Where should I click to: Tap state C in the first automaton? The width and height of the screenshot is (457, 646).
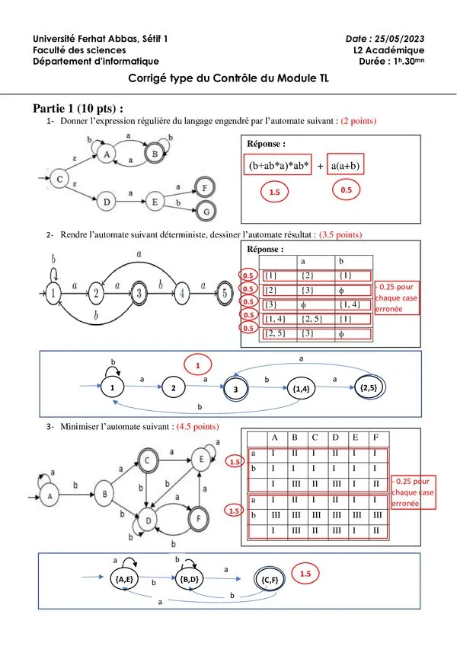point(59,180)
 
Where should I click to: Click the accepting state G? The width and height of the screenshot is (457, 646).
point(206,212)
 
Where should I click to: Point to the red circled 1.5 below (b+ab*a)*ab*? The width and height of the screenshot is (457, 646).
point(275,192)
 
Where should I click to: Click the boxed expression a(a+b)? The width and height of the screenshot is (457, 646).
point(346,166)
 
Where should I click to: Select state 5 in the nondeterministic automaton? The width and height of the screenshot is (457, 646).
point(225,293)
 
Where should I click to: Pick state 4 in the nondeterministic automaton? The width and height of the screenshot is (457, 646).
point(181,294)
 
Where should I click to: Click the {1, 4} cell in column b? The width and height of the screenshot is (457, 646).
point(350,304)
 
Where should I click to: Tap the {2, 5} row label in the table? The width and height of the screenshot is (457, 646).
point(275,333)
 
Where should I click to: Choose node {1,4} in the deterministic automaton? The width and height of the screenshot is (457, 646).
point(301,389)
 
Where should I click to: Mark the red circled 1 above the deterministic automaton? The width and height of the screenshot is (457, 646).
point(197,365)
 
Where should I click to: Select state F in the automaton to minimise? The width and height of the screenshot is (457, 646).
point(198,518)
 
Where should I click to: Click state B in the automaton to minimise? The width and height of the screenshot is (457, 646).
point(104,494)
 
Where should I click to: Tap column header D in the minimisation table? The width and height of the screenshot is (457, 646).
point(335,438)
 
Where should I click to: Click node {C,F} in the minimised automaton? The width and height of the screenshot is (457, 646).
point(270,580)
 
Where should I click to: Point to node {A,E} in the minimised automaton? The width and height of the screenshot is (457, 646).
point(123,579)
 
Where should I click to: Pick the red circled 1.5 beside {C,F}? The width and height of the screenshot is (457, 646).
point(305,574)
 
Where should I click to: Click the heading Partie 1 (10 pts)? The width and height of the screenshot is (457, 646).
point(78,109)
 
